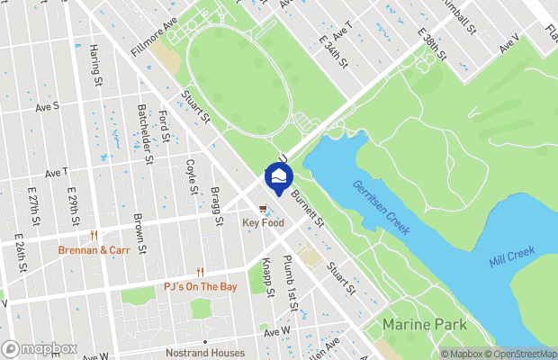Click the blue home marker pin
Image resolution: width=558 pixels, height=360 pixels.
pyautogui.click(x=278, y=179)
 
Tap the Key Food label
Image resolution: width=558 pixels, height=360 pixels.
pyautogui.click(x=263, y=222)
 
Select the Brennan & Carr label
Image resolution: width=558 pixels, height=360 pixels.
pyautogui.click(x=94, y=250)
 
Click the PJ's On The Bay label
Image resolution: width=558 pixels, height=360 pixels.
pyautogui.click(x=200, y=286)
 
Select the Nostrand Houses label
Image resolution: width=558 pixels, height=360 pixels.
pyautogui.click(x=204, y=353)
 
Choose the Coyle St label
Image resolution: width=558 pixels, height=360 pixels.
pyautogui.click(x=190, y=175)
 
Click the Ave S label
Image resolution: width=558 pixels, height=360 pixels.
pyautogui.click(x=47, y=105)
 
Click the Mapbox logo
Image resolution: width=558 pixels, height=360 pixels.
pyautogui.click(x=39, y=348)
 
